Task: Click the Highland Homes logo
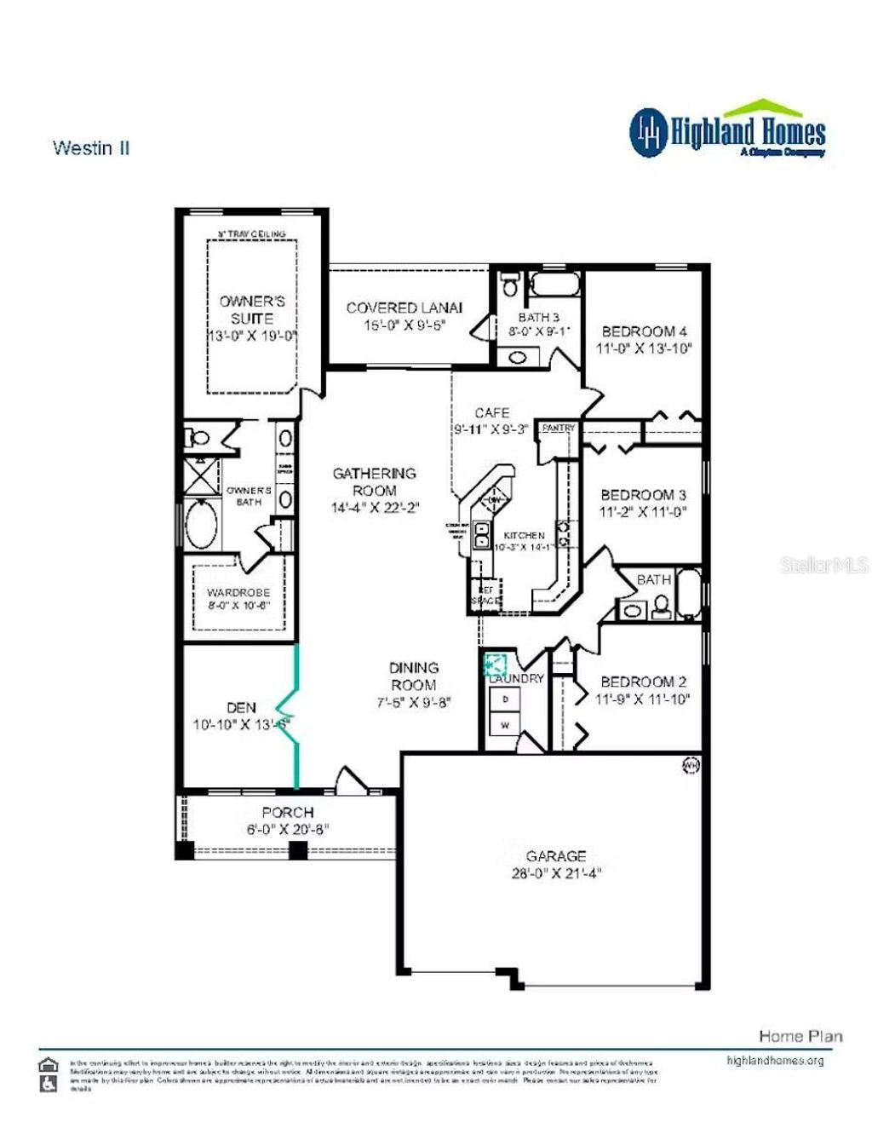(x=728, y=131)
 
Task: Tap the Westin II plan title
(x=91, y=148)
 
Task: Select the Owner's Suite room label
(x=252, y=309)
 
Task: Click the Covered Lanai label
(x=404, y=308)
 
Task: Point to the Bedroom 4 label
(x=644, y=331)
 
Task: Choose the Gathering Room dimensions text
(x=375, y=508)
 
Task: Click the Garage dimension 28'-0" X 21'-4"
(x=556, y=873)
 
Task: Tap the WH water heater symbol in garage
(x=691, y=765)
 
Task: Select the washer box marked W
(x=505, y=725)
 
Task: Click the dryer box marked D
(x=505, y=699)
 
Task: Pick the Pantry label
(x=559, y=428)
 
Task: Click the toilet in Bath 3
(x=510, y=284)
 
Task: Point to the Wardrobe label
(x=238, y=592)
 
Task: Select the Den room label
(x=241, y=707)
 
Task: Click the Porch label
(x=288, y=813)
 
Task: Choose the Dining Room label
(x=414, y=676)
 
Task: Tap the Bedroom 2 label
(x=643, y=682)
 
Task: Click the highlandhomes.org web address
(x=775, y=1061)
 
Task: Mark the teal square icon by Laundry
(x=495, y=664)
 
